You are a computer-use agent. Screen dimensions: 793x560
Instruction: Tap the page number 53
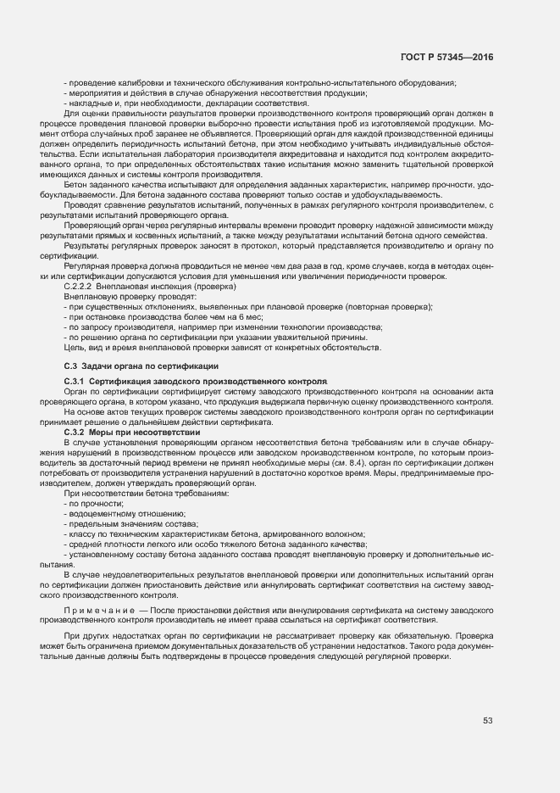click(488, 721)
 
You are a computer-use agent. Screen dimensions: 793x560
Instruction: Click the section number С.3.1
click(75, 382)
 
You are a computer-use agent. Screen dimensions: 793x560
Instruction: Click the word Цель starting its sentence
click(73, 347)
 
